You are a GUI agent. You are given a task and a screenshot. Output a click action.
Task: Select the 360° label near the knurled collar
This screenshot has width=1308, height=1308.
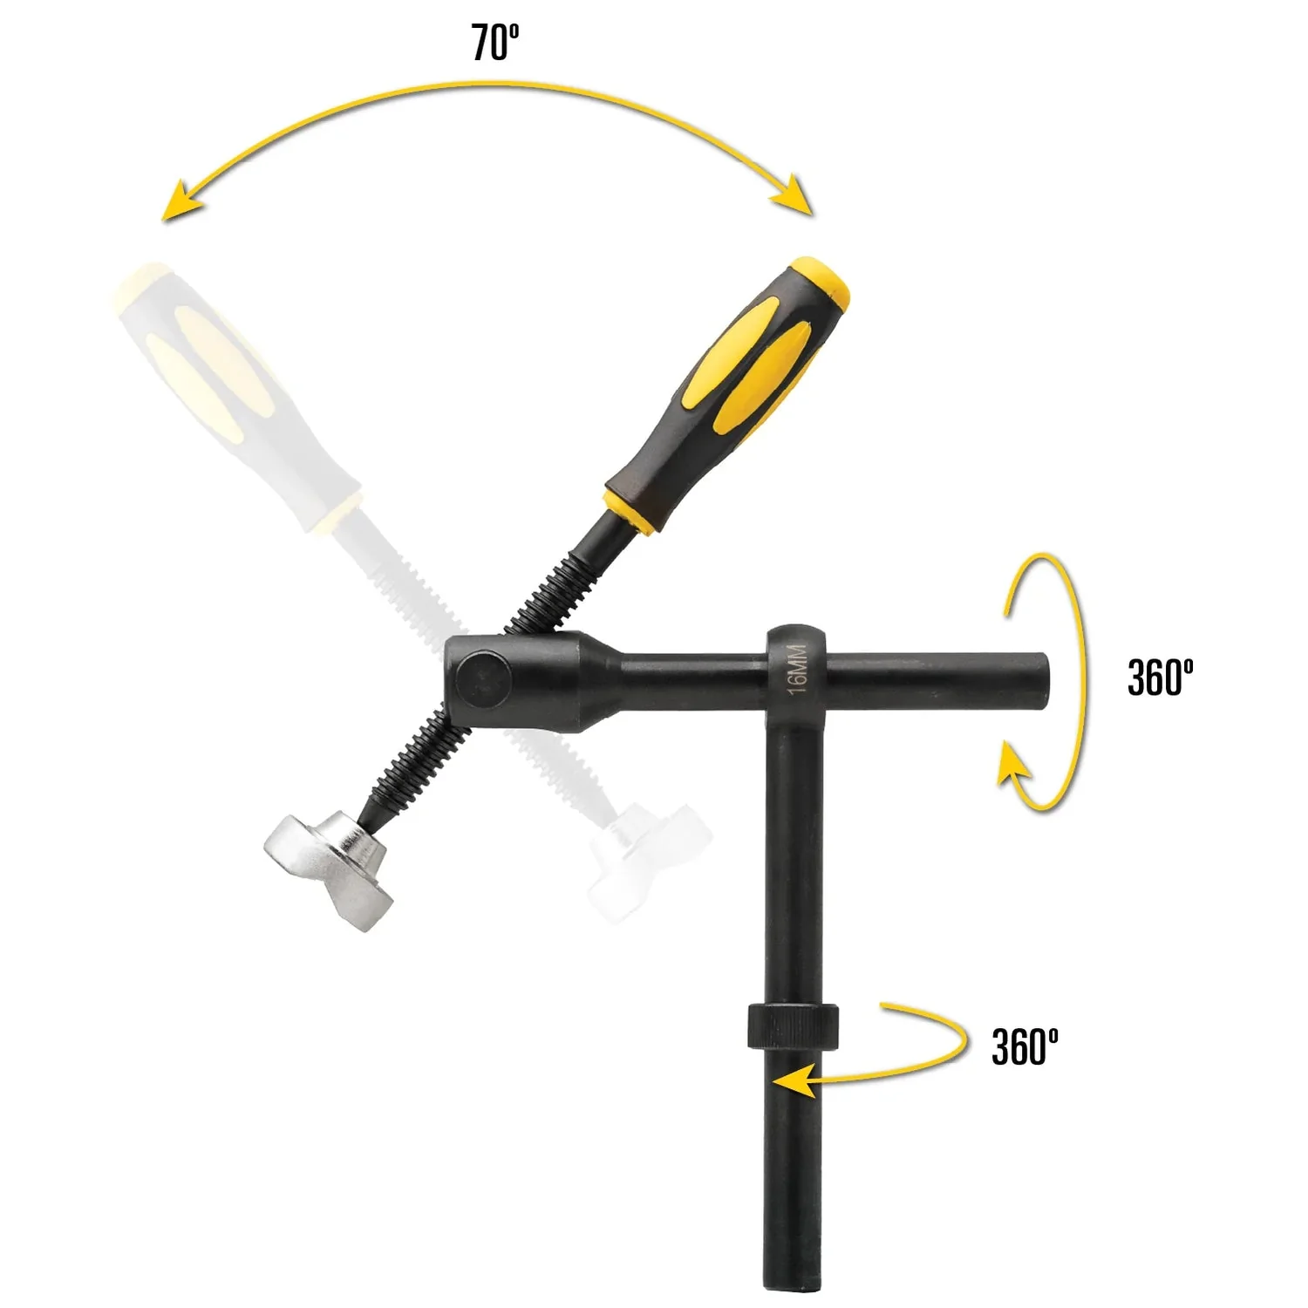click(1025, 1046)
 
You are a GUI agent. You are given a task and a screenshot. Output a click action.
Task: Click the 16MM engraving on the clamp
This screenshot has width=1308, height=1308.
click(797, 669)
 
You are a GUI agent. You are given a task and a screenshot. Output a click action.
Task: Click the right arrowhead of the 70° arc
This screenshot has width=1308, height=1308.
click(795, 195)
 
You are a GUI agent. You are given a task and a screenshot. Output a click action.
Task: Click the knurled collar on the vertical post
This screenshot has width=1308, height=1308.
click(792, 1026)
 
